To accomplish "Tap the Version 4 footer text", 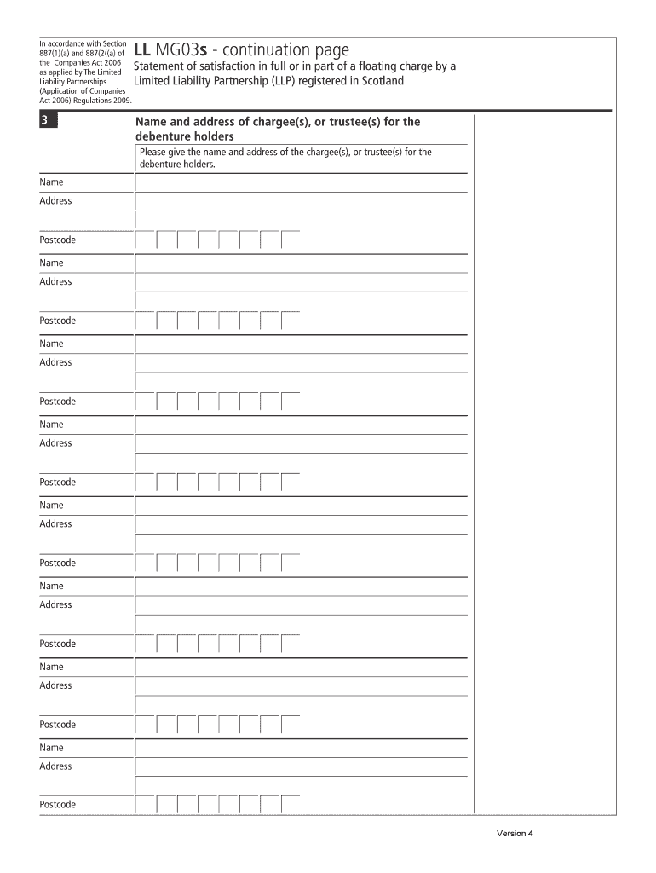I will [515, 834].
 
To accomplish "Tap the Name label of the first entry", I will [51, 182].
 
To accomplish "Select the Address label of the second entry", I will [55, 281].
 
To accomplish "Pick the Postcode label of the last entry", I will [57, 805].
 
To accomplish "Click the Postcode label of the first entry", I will [57, 240].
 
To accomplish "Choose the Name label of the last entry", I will [51, 748].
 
